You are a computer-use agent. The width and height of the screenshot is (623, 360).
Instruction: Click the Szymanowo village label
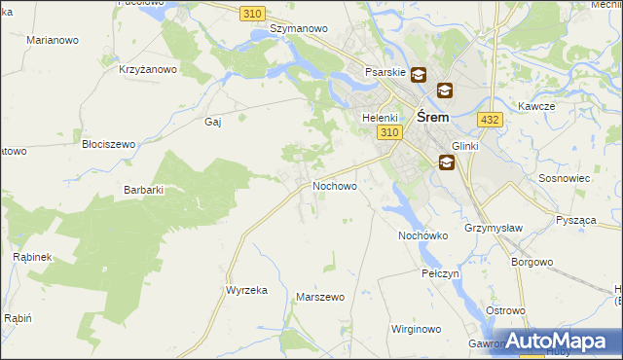(x=298, y=29)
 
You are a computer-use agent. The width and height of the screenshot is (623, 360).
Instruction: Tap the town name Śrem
(x=432, y=116)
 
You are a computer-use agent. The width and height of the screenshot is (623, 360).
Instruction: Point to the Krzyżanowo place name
(x=148, y=69)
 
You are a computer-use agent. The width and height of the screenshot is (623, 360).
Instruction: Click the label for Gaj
(x=214, y=123)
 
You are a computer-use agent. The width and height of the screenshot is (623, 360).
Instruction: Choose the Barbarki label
(x=143, y=190)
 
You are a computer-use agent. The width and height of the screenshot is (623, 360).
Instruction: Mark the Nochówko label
(x=422, y=235)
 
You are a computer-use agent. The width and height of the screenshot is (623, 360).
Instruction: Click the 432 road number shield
(x=490, y=119)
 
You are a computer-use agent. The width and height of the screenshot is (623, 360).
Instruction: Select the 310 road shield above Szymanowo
(x=252, y=13)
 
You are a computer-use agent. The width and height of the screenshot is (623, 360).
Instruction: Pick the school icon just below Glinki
(x=446, y=162)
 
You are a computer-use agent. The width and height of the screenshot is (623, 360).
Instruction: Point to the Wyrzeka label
(x=246, y=291)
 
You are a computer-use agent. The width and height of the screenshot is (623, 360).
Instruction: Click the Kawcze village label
(x=536, y=106)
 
